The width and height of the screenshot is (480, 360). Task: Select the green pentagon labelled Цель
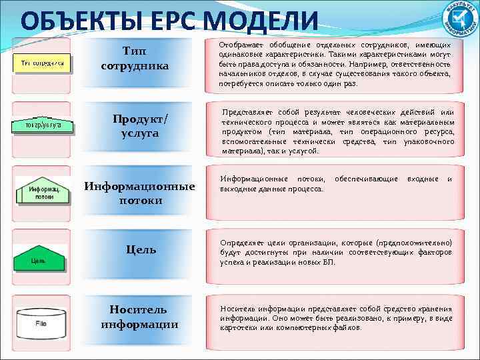[40, 256]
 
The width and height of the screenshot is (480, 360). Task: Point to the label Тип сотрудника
[135, 58]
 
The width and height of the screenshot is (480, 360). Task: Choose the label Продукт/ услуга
[140, 125]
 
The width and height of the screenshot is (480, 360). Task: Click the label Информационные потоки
[139, 193]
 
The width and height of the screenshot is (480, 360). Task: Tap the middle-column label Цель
[141, 249]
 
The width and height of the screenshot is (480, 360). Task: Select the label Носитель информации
[139, 317]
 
